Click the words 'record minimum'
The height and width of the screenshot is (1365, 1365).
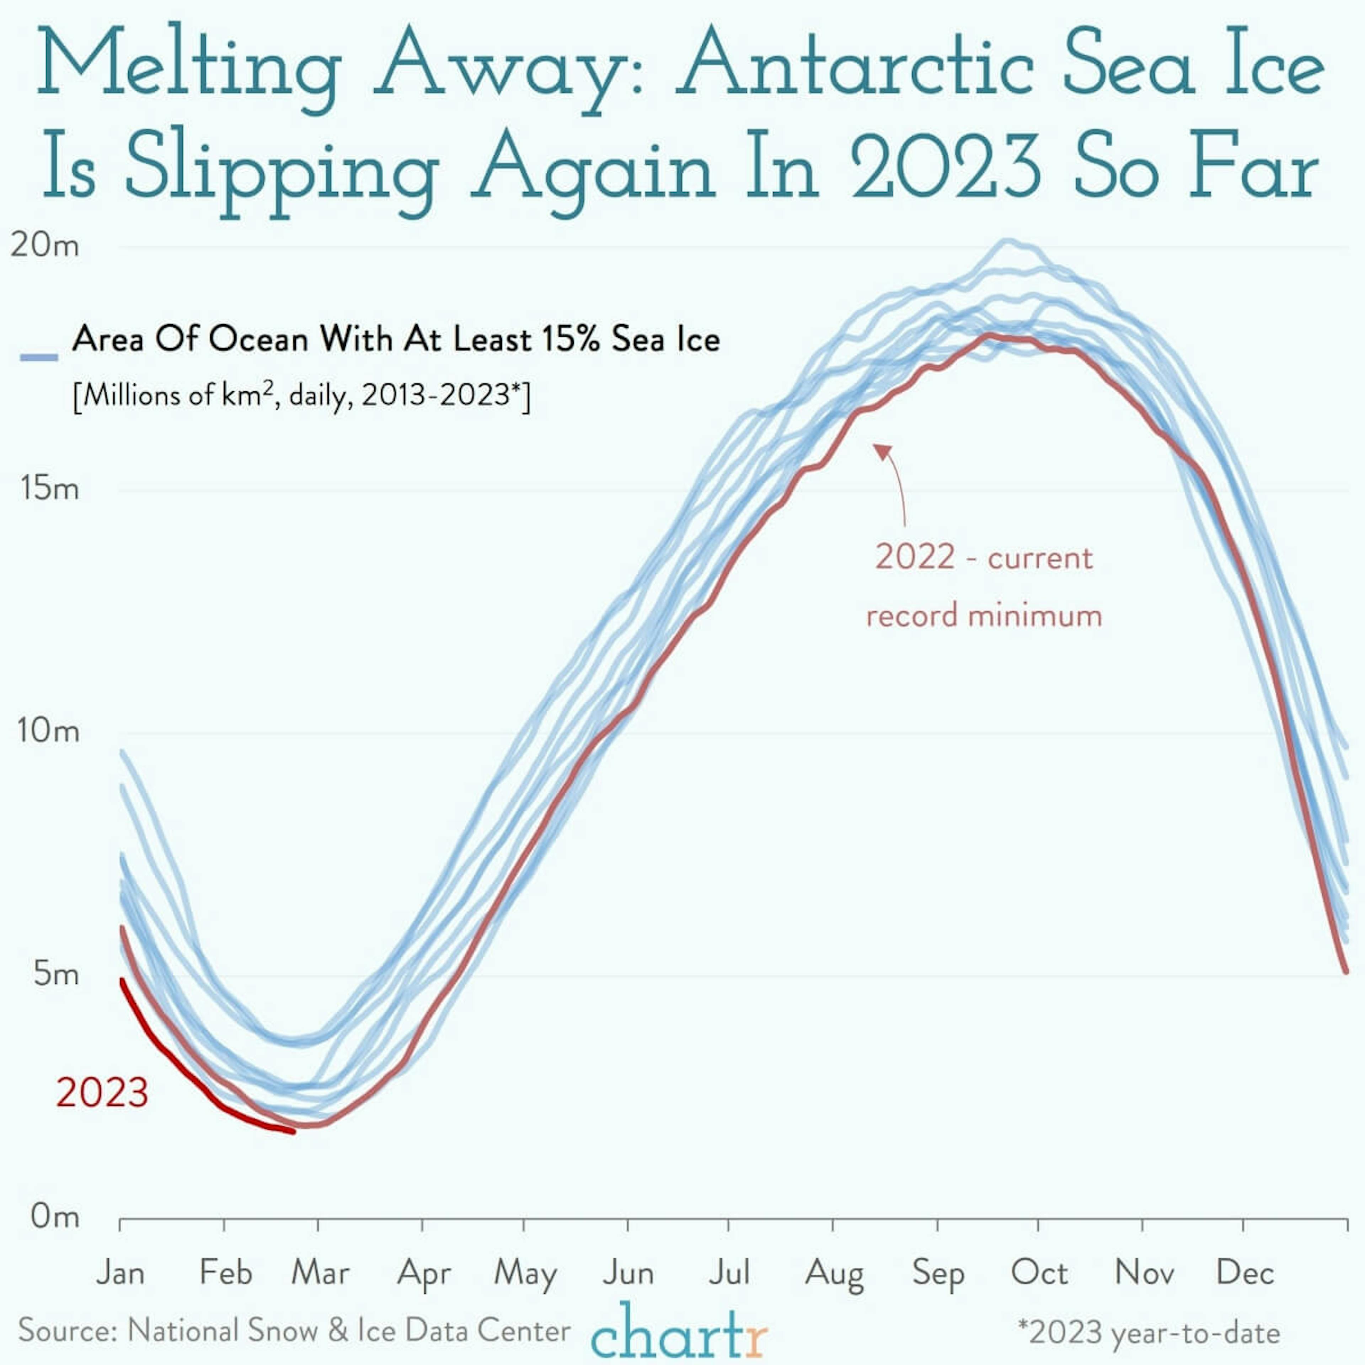(x=984, y=615)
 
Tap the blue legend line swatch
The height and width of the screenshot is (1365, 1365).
(x=39, y=358)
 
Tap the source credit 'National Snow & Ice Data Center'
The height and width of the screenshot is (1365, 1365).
(x=349, y=1331)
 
